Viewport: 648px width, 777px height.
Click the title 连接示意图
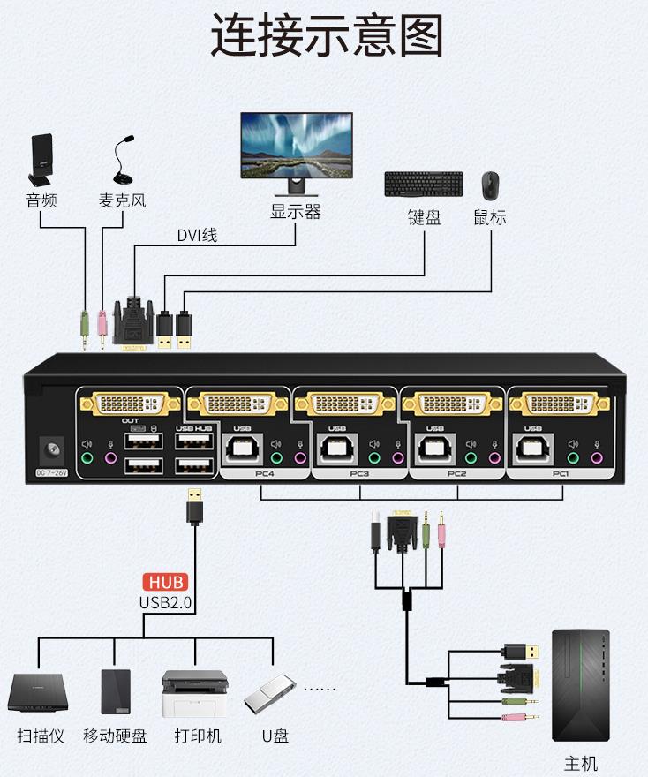pos(326,37)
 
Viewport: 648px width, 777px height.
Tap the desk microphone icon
pos(122,162)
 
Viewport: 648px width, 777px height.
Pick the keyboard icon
pos(423,185)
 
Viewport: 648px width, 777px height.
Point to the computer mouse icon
pos(490,185)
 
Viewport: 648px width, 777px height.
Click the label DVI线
pos(197,235)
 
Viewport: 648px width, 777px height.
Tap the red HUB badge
pos(166,582)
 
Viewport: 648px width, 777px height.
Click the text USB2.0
pos(166,602)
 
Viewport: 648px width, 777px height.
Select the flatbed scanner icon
pos(37,692)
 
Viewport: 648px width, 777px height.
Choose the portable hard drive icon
pos(115,691)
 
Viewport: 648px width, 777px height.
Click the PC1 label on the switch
pos(561,473)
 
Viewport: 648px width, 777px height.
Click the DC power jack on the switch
pos(52,451)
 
